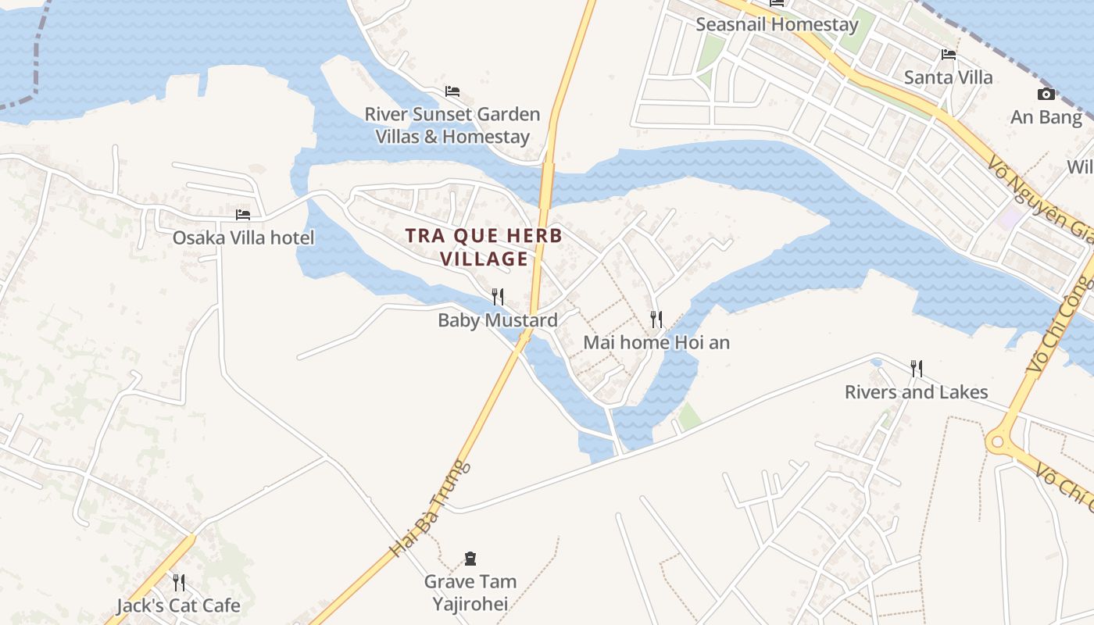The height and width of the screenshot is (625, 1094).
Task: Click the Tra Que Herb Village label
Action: (x=484, y=247)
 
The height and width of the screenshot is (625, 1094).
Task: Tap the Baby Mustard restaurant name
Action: (x=498, y=320)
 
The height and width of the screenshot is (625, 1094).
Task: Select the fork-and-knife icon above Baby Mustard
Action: (x=498, y=297)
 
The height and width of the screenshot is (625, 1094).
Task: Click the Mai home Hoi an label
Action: (x=656, y=342)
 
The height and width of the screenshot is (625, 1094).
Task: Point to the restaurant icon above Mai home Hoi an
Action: (x=656, y=319)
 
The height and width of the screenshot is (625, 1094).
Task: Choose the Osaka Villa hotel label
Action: (x=243, y=237)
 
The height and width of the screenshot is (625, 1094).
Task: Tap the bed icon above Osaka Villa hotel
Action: (x=243, y=214)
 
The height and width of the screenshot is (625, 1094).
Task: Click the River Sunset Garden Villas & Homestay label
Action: (x=452, y=125)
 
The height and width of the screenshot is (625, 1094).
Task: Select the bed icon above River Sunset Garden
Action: (x=452, y=91)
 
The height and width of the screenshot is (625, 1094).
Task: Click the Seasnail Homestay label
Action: (x=777, y=24)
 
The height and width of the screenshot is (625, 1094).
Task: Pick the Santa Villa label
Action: (x=948, y=77)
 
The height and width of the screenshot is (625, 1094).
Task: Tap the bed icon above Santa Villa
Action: (x=949, y=54)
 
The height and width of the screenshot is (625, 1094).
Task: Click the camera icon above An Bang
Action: (x=1046, y=95)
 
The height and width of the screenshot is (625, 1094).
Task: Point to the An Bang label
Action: (x=1046, y=118)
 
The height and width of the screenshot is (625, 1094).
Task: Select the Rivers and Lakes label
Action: (x=916, y=392)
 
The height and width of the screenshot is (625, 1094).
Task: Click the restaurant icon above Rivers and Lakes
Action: (x=917, y=368)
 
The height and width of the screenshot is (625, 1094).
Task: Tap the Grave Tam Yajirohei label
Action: (x=470, y=592)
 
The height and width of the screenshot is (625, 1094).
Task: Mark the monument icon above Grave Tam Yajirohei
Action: (x=470, y=559)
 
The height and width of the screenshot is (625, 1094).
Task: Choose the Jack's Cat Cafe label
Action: (x=178, y=605)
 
